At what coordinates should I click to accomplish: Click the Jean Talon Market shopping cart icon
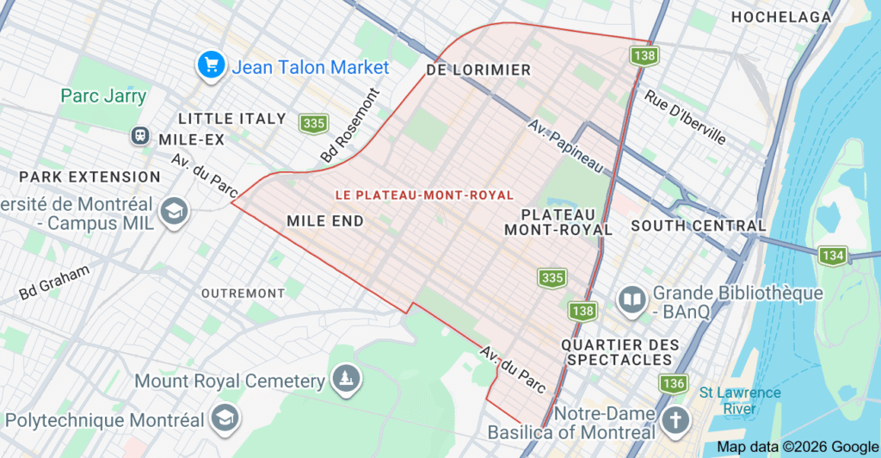[x=211, y=65]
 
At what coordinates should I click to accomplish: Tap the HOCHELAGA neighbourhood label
[x=780, y=17]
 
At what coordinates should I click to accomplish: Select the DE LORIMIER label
[x=479, y=70]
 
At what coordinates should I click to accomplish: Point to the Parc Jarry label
[x=103, y=96]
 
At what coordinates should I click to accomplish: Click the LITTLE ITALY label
[x=231, y=118]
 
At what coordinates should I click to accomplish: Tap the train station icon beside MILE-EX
[x=140, y=136]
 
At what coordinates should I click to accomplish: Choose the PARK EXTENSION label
[x=89, y=176]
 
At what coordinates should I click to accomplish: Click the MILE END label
[x=325, y=221]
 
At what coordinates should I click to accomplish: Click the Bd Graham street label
[x=54, y=283]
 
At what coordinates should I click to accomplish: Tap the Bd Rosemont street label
[x=348, y=126]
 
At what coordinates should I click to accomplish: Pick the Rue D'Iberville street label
[x=685, y=118]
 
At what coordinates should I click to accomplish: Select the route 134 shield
[x=833, y=256]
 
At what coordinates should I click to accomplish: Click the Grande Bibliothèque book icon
[x=632, y=300]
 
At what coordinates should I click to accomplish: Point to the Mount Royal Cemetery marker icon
[x=346, y=379]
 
